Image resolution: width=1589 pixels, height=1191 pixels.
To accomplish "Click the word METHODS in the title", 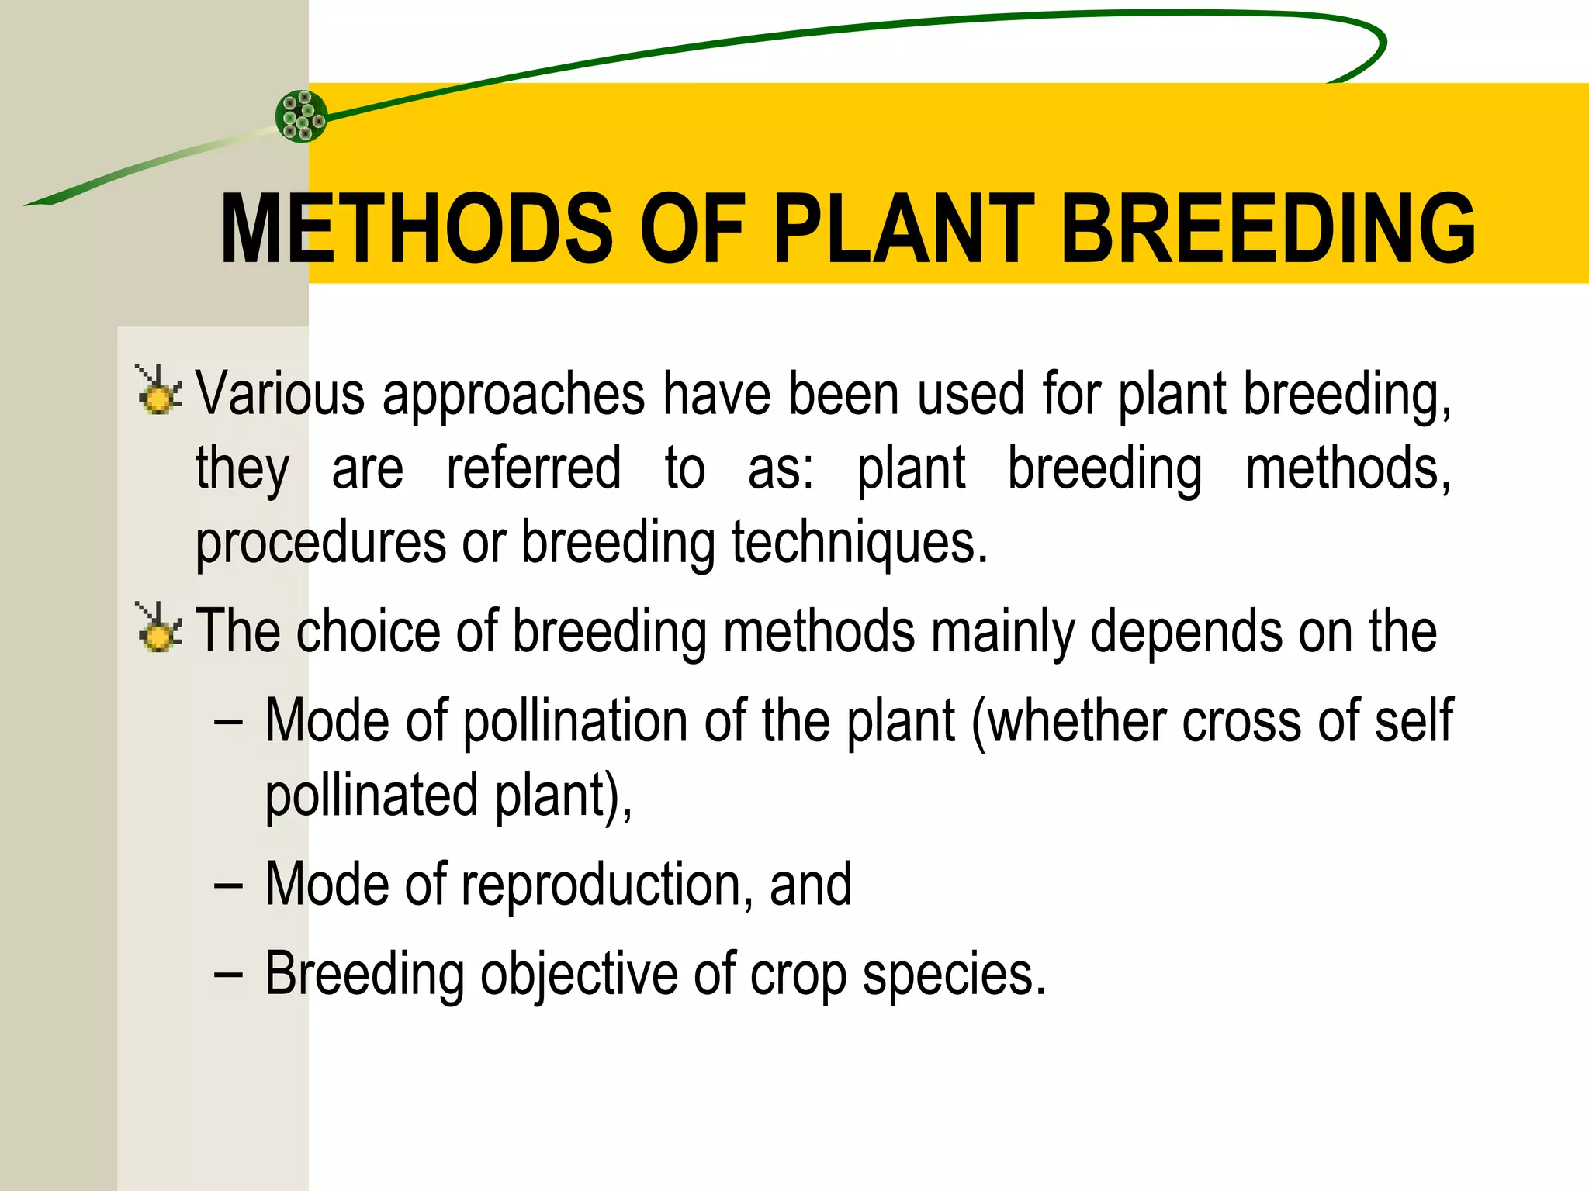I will [416, 230].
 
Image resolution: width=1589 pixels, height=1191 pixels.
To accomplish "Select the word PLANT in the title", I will [903, 230].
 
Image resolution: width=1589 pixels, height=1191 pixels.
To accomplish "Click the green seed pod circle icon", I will [302, 116].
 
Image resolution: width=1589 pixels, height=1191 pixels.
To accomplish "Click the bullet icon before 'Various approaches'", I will [159, 391].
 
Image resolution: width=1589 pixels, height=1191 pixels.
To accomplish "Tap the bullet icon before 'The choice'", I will [159, 628].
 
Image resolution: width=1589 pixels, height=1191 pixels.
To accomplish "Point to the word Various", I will [280, 394].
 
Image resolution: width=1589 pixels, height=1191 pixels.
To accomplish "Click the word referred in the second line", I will [534, 468].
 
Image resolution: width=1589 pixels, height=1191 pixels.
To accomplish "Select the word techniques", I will [859, 543].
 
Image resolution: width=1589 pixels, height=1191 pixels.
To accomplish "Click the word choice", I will [369, 631].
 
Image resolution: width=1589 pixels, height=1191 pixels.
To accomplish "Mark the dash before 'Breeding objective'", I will [228, 975].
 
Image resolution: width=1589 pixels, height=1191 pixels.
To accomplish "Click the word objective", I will [579, 975].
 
